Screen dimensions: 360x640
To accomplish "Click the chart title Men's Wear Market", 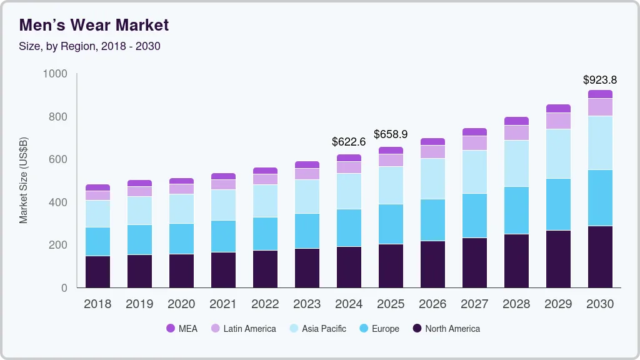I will coord(94,25).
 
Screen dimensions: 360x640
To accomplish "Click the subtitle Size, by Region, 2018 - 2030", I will coord(89,46).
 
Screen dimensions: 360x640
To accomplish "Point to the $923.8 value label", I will coord(599,80).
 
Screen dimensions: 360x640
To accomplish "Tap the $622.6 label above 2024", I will coord(348,142).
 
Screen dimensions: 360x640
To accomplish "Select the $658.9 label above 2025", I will coord(390,134).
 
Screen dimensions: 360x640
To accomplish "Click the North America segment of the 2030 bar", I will coord(599,257).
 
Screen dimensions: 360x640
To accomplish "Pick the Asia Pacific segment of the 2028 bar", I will coord(516,164).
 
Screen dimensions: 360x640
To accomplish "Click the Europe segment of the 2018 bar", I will coord(97,241).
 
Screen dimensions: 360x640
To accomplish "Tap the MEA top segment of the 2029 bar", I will coord(557,109).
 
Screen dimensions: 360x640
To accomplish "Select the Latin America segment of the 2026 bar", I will coord(432,152).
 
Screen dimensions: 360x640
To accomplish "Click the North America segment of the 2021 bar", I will coord(222,270).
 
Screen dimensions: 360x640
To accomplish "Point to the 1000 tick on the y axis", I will coord(55,74).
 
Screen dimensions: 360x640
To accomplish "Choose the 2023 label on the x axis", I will coord(306,304).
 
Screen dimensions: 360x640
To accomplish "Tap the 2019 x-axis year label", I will coord(139,304).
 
